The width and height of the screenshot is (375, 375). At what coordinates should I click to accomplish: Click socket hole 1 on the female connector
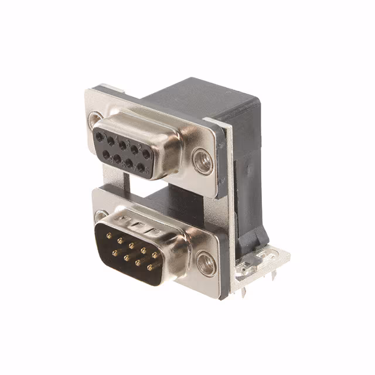click(x=146, y=154)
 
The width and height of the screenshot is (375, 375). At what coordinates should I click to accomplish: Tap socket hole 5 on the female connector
click(x=98, y=135)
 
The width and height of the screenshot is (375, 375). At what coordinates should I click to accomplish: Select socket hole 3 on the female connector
click(x=122, y=144)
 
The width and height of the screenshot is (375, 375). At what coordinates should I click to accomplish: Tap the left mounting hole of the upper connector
click(x=95, y=121)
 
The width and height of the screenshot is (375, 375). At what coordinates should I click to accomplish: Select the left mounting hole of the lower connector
click(x=100, y=215)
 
